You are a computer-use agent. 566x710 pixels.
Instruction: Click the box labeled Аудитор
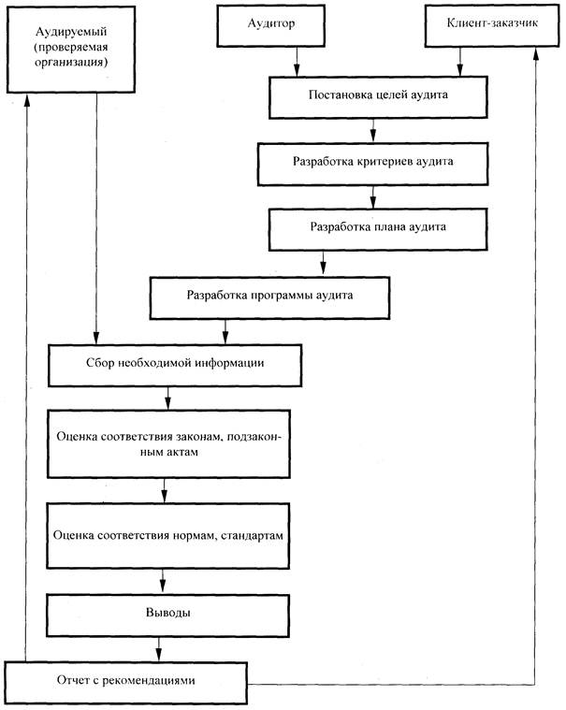270,25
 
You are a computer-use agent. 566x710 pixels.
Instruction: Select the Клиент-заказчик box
492,25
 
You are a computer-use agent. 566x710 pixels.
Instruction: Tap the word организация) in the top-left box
71,62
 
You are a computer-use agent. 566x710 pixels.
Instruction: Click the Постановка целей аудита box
378,97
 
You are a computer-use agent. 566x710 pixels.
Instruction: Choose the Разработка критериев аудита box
372,164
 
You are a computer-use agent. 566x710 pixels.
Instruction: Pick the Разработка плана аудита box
378,229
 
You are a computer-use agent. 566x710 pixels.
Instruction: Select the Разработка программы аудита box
269,298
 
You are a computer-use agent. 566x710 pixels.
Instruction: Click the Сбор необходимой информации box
175,366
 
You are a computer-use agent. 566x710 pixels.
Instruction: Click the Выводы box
168,616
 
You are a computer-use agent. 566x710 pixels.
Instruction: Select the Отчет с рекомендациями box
126,683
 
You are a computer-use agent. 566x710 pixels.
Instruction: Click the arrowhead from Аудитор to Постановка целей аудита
297,71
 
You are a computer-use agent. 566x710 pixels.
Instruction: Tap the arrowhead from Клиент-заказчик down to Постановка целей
460,71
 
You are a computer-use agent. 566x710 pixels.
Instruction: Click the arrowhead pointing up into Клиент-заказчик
537,53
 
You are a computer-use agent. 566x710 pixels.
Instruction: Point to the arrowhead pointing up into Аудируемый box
27,99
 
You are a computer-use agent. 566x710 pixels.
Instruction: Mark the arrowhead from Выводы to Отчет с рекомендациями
158,656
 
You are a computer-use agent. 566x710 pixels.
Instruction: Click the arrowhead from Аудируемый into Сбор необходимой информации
96,339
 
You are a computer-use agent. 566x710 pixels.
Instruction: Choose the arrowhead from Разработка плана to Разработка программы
323,270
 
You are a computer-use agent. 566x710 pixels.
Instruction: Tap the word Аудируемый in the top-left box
71,32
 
